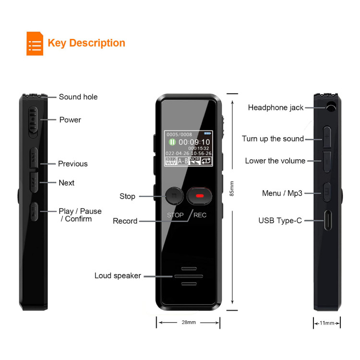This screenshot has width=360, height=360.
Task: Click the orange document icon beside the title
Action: [x=35, y=43]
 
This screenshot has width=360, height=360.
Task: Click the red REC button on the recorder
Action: [x=199, y=196]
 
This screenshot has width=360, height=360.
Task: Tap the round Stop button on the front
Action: [x=174, y=196]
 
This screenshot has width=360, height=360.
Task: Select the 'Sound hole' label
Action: [x=78, y=97]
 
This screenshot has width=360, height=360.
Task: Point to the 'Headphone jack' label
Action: [x=276, y=108]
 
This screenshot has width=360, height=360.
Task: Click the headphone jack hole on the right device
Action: [x=331, y=107]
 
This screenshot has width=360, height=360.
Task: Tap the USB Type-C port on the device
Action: [x=328, y=220]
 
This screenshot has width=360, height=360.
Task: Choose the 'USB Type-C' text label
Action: [x=280, y=220]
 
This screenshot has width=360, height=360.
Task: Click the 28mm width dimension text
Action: [x=189, y=323]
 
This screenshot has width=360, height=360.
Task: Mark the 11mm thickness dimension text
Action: [x=327, y=323]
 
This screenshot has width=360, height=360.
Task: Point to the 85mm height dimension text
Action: [x=232, y=189]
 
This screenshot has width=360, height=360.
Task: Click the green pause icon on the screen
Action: [x=172, y=142]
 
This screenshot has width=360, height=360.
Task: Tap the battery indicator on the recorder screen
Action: [x=207, y=133]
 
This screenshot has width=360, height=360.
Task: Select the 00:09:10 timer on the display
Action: [x=194, y=142]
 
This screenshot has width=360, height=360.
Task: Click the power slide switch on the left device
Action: [x=33, y=120]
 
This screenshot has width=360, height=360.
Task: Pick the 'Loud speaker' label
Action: [x=118, y=276]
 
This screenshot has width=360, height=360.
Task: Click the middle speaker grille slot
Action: [x=189, y=276]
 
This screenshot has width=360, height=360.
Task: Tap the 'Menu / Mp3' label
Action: [x=282, y=193]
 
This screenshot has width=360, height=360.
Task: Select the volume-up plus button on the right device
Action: [x=327, y=137]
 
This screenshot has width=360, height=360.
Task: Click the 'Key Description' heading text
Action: [x=86, y=43]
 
